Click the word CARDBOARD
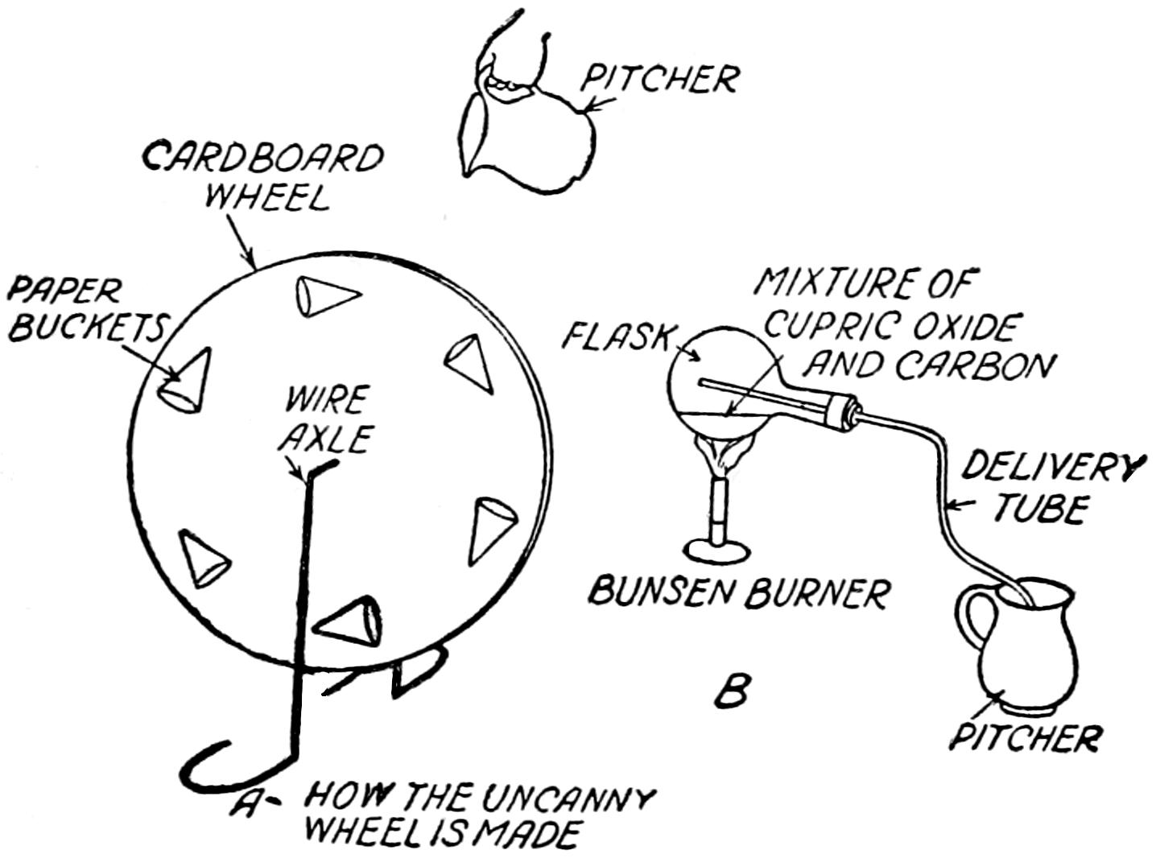pos(262,159)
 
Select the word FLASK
pos(617,336)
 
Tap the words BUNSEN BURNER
pos(740,592)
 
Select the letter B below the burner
pos(733,691)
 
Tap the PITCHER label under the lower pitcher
pos(1026,736)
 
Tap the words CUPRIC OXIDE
pos(890,326)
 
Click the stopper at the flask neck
pos(840,411)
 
